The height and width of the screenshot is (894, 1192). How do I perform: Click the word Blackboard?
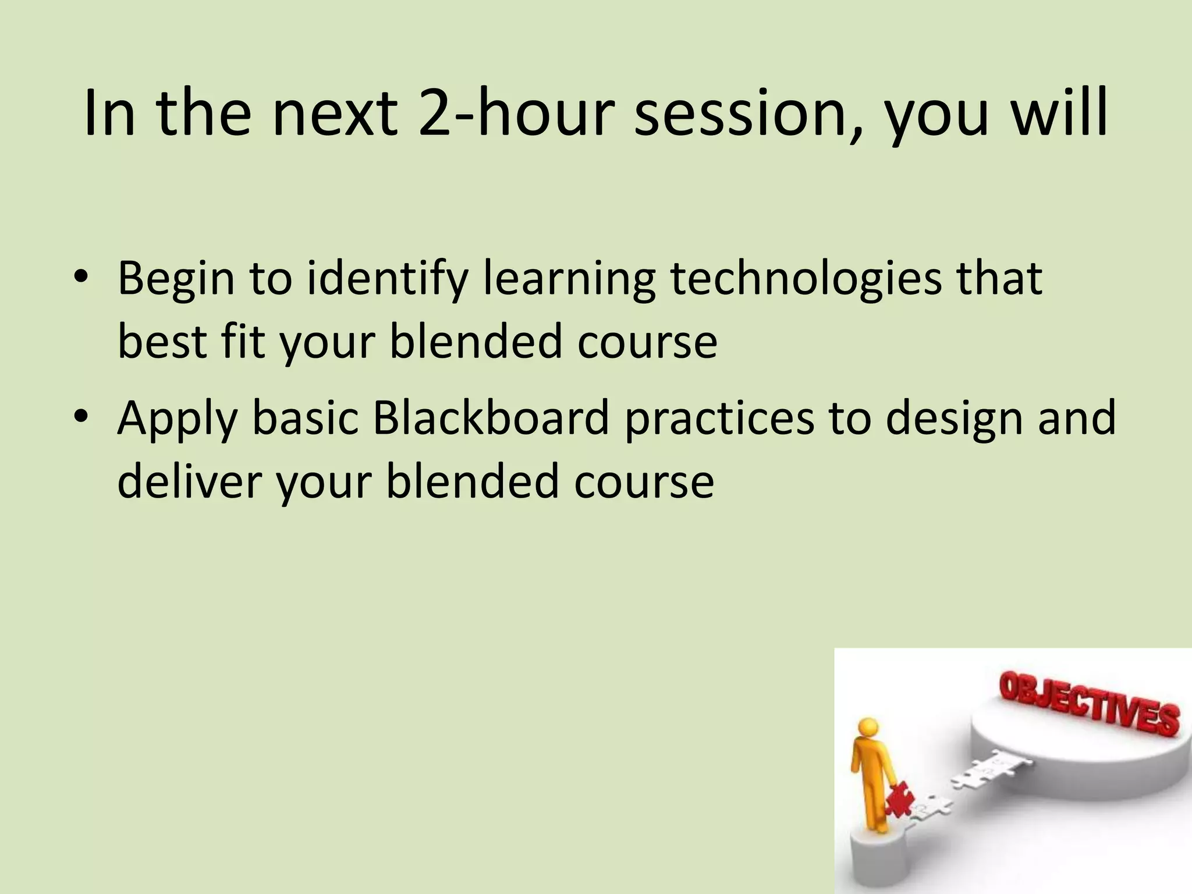490,418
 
